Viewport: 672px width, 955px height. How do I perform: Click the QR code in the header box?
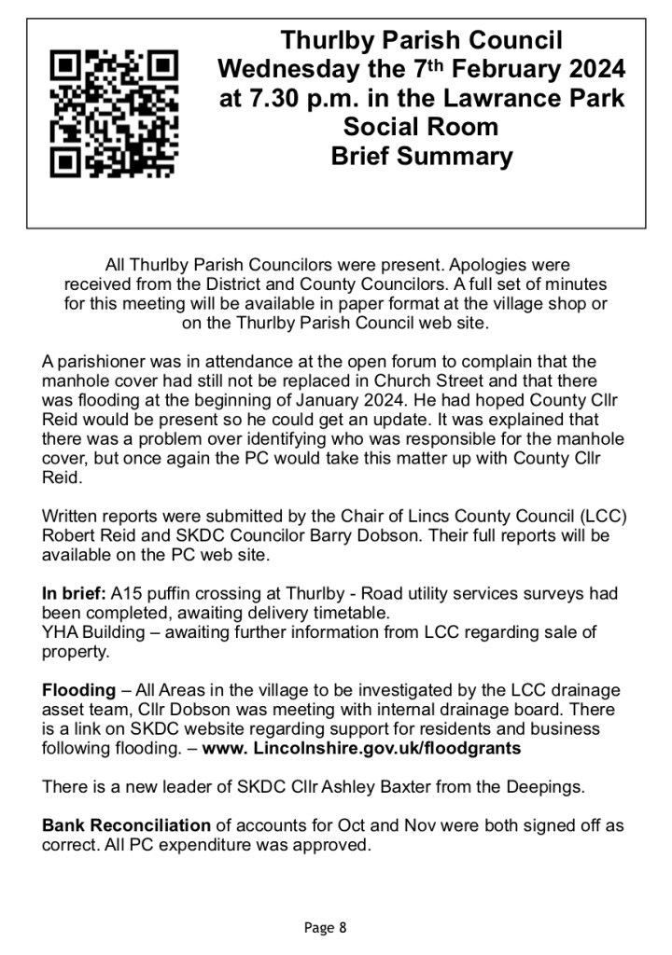click(113, 114)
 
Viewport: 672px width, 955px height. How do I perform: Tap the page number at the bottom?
click(326, 927)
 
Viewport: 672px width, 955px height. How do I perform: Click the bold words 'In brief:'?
click(75, 593)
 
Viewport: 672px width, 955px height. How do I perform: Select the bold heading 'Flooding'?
click(78, 690)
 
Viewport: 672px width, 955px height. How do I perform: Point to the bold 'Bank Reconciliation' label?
click(127, 825)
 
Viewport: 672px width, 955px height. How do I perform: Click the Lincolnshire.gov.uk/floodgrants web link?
click(362, 748)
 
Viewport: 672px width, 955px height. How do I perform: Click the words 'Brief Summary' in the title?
click(421, 156)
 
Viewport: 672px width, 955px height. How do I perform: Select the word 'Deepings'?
click(550, 786)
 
